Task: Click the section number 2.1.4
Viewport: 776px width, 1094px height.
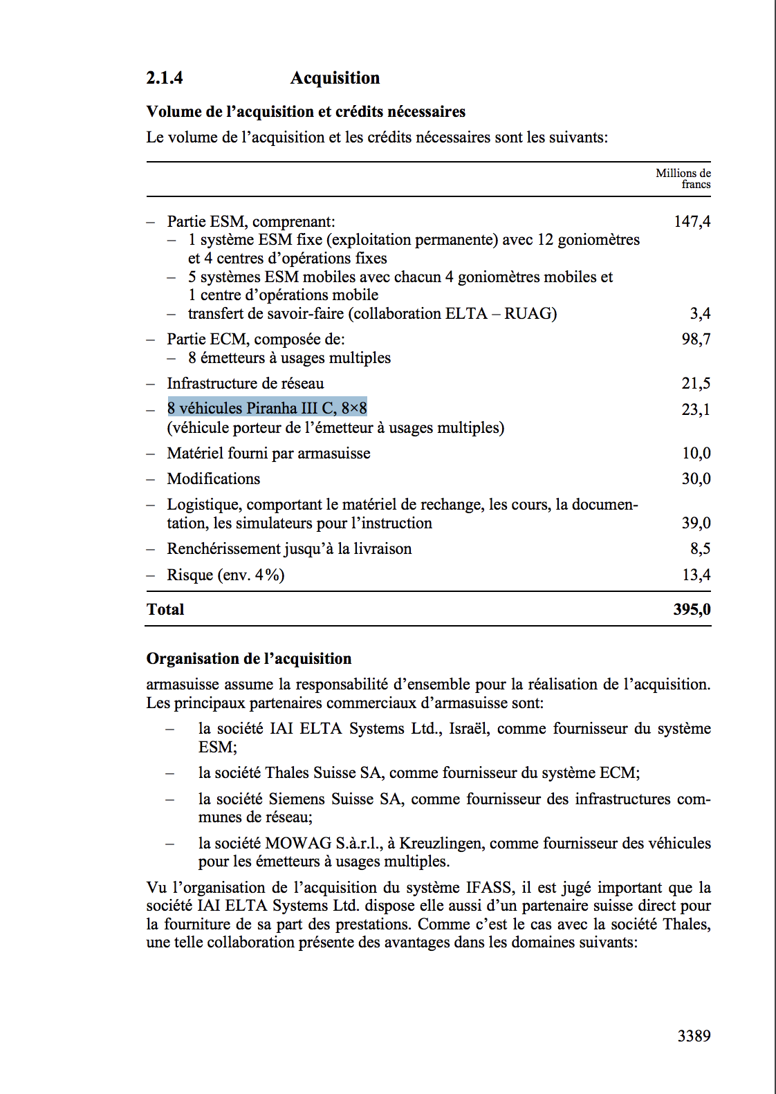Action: tap(164, 78)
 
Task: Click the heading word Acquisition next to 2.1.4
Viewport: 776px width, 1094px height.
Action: tap(335, 78)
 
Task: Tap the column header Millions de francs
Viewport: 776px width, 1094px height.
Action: tap(683, 178)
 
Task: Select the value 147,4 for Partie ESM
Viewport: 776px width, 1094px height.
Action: tap(692, 222)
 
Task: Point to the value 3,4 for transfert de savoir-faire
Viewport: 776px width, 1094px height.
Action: tap(700, 314)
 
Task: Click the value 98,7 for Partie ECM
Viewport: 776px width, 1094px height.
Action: tap(696, 340)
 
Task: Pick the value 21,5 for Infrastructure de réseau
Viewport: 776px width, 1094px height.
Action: tap(696, 384)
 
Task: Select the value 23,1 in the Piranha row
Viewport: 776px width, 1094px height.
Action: tap(696, 409)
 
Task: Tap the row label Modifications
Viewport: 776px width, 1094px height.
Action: tap(213, 479)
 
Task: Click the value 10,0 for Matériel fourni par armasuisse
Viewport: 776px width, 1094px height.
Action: tap(696, 454)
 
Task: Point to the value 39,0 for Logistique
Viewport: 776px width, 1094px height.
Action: tap(696, 523)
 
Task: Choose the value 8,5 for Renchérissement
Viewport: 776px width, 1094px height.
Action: tap(700, 549)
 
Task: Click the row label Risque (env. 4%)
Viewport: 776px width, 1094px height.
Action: tap(225, 575)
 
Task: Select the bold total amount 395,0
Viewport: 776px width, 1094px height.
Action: tap(692, 610)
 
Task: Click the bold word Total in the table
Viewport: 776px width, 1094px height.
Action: tap(165, 610)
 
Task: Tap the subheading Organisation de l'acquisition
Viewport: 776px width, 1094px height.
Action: tap(248, 659)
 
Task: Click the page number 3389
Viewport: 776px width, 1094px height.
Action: tap(694, 1036)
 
